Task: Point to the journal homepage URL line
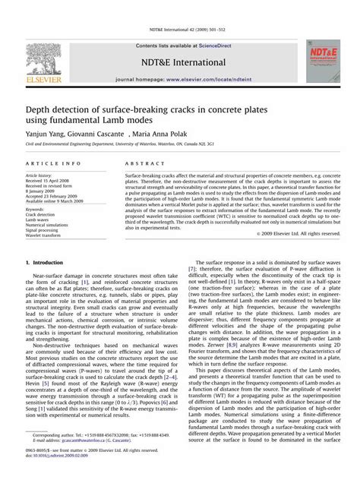(x=179, y=79)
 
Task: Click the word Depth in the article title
(x=42, y=104)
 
